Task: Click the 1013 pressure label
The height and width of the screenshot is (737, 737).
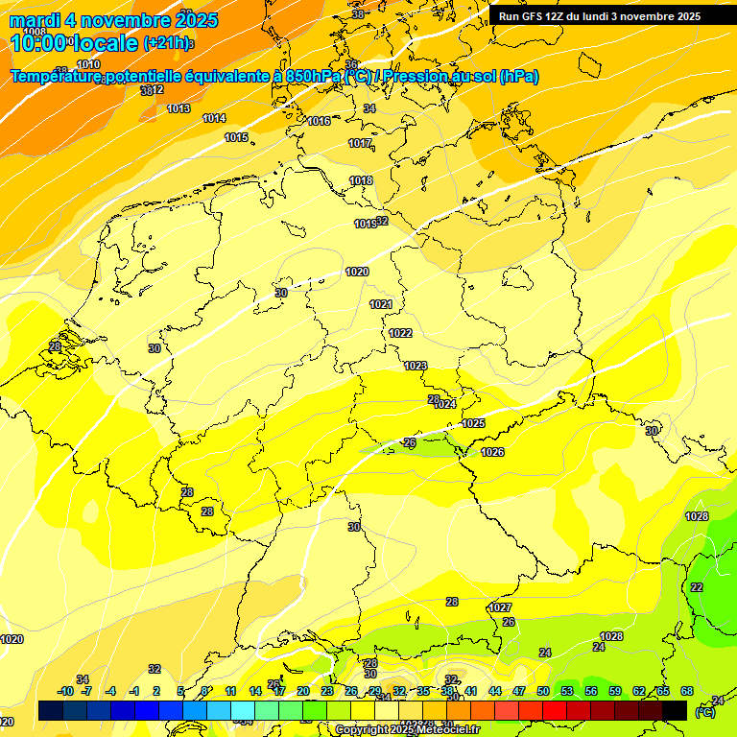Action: pyautogui.click(x=178, y=108)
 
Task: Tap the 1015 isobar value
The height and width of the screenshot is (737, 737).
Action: pyautogui.click(x=236, y=137)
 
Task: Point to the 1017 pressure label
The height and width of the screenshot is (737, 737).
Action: pyautogui.click(x=360, y=143)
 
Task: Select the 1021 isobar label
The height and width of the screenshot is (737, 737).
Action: pyautogui.click(x=381, y=304)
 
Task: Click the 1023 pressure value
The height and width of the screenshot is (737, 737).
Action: pyautogui.click(x=416, y=366)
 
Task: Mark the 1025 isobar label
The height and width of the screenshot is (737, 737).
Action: pyautogui.click(x=473, y=423)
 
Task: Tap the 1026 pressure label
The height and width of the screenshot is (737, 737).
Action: pyautogui.click(x=492, y=452)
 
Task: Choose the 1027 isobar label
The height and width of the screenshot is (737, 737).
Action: pyautogui.click(x=500, y=607)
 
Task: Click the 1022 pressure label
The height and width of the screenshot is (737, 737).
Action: pyautogui.click(x=400, y=333)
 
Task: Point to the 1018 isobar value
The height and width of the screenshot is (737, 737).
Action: pyautogui.click(x=361, y=180)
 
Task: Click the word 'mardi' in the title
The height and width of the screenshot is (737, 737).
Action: pyautogui.click(x=35, y=20)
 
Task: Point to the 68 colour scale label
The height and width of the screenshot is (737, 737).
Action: pyautogui.click(x=687, y=691)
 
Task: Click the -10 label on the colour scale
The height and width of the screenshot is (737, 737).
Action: pyautogui.click(x=65, y=691)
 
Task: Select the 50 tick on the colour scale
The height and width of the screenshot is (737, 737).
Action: pyautogui.click(x=543, y=691)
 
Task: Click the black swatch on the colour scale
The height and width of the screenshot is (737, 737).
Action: pyautogui.click(x=675, y=710)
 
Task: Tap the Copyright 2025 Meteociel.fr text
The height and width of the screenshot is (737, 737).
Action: pyautogui.click(x=408, y=730)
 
